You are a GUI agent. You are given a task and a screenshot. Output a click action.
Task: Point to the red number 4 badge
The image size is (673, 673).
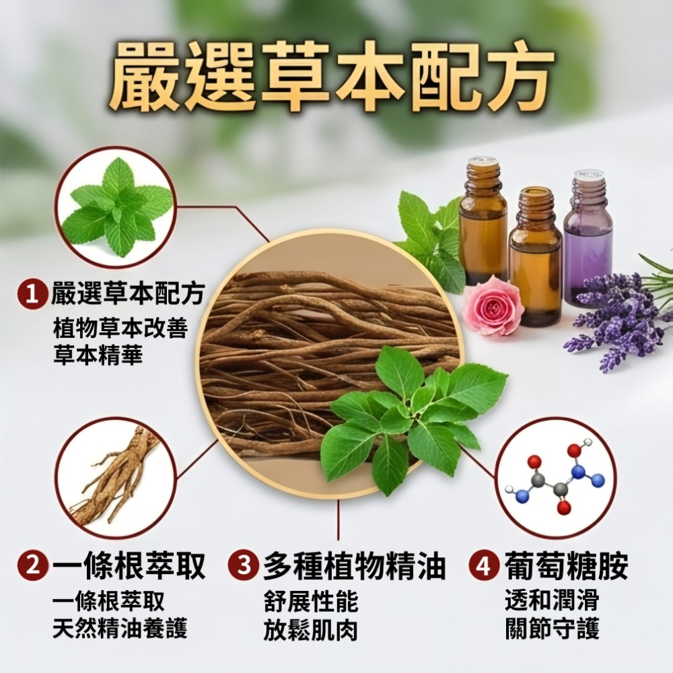pos(484,566)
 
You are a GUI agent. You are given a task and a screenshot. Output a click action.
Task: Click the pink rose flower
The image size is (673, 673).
pos(493,306)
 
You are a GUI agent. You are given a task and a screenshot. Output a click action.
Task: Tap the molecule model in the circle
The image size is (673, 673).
pos(556,477)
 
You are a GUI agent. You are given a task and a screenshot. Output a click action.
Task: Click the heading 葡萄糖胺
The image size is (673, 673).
pos(566,566)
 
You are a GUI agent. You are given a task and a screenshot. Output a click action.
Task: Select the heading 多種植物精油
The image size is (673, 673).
pos(354,566)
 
